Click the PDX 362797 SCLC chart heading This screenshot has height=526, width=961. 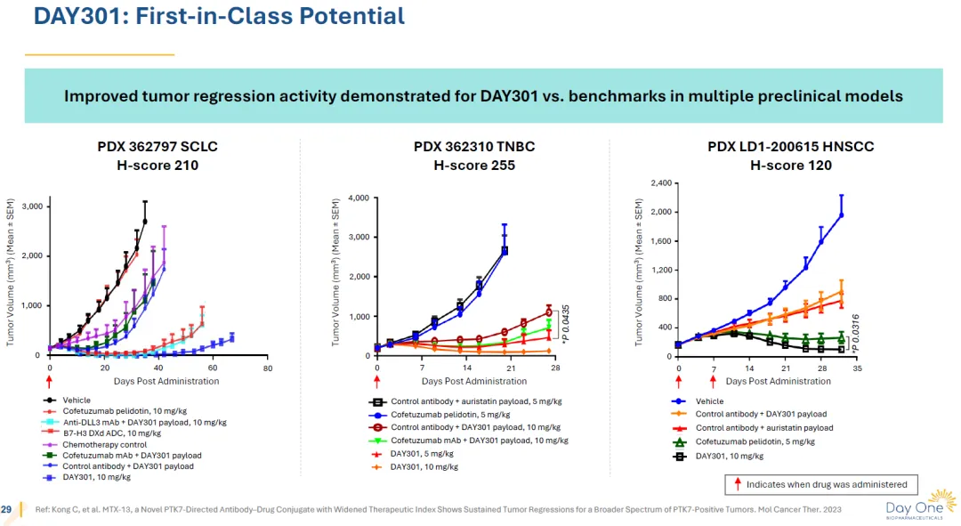(x=157, y=147)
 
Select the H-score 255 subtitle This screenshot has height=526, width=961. (x=474, y=165)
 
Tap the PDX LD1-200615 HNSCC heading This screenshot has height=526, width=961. (x=790, y=147)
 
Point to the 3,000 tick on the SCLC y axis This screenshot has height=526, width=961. (x=31, y=206)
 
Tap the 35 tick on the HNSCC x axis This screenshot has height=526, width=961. (x=857, y=368)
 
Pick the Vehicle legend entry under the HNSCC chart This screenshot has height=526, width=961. (x=710, y=401)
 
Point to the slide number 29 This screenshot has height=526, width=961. (x=7, y=508)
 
